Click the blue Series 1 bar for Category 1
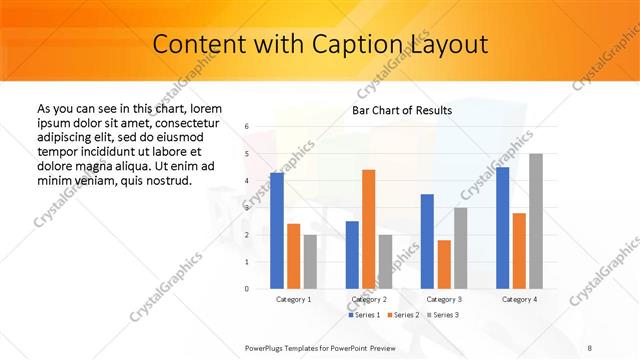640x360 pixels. [x=277, y=231]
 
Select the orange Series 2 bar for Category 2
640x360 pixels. [x=368, y=229]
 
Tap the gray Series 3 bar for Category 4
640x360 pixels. [x=536, y=221]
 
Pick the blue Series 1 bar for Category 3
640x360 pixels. [x=427, y=241]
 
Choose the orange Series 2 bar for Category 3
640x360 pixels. [x=444, y=264]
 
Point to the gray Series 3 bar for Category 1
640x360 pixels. [x=310, y=262]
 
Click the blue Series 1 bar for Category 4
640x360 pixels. [x=502, y=228]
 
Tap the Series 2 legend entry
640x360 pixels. [x=403, y=315]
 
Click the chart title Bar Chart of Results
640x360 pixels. [x=402, y=110]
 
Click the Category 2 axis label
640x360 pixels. [x=369, y=300]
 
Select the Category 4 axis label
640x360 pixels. [x=519, y=300]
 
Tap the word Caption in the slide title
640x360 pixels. [x=343, y=45]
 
